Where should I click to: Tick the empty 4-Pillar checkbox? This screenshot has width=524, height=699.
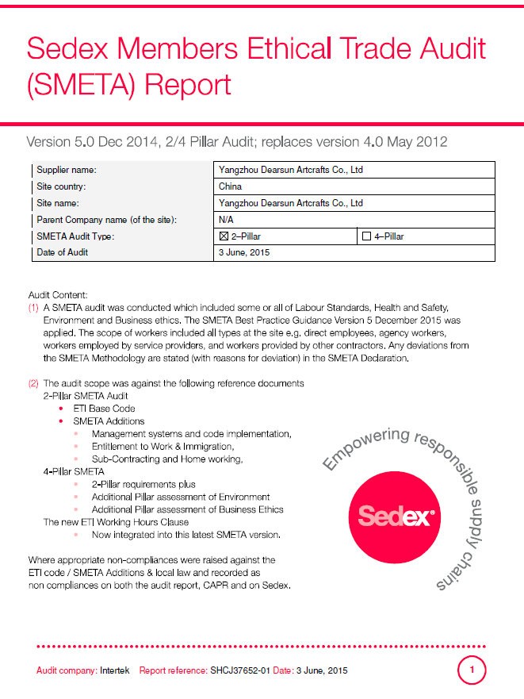pyautogui.click(x=366, y=236)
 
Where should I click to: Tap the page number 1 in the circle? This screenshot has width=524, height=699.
pyautogui.click(x=472, y=671)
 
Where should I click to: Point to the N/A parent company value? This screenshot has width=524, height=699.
pyautogui.click(x=225, y=220)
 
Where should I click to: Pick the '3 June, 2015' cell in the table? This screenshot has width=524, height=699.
pyautogui.click(x=243, y=252)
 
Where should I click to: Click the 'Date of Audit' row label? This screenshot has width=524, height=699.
pyautogui.click(x=63, y=252)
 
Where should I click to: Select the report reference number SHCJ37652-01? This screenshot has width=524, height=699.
pyautogui.click(x=241, y=671)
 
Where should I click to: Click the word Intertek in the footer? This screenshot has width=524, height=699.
pyautogui.click(x=117, y=671)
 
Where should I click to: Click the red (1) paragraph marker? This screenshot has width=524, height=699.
pyautogui.click(x=33, y=308)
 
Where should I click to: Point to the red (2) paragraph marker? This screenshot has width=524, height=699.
pyautogui.click(x=33, y=383)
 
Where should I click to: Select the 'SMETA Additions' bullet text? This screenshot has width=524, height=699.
pyautogui.click(x=109, y=421)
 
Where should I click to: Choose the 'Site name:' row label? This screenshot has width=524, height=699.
pyautogui.click(x=60, y=203)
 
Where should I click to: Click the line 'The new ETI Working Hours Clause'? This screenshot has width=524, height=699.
pyautogui.click(x=116, y=522)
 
